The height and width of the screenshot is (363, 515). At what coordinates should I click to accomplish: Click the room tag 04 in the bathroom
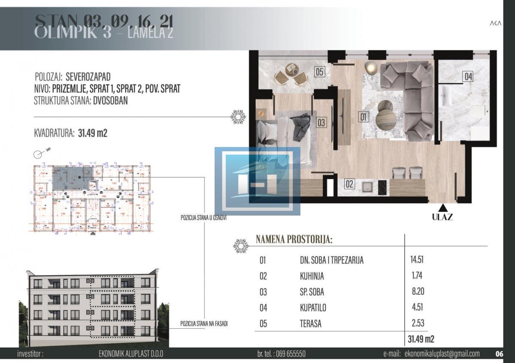click(x=467, y=77)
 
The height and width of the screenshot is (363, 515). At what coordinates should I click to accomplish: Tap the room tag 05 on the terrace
click(x=319, y=72)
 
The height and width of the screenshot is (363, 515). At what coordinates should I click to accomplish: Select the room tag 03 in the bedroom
click(x=321, y=123)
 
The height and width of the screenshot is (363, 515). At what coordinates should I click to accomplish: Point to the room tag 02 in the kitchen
click(x=349, y=184)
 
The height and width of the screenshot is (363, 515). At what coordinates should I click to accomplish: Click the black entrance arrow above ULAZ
click(x=442, y=207)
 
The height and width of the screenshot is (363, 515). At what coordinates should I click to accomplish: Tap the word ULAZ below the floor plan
click(x=442, y=217)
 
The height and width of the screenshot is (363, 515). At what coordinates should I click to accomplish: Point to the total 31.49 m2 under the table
click(x=421, y=339)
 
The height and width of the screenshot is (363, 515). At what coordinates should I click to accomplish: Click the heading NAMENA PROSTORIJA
click(x=294, y=240)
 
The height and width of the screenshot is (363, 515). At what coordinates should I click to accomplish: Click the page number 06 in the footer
click(x=499, y=354)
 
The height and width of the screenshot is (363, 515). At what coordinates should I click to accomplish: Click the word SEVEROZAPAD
click(x=88, y=77)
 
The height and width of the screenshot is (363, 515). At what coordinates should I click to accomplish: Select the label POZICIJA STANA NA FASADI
click(x=204, y=324)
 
